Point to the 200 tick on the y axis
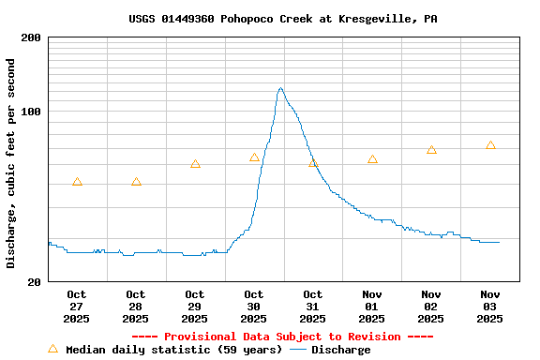tap(31, 37)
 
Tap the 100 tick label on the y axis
tap(31, 112)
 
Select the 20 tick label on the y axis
tap(35, 281)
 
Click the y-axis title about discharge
tap(11, 163)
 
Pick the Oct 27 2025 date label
tap(77, 307)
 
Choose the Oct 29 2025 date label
tap(195, 307)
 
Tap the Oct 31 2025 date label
tap(313, 307)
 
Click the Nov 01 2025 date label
tap(372, 307)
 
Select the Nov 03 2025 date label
tap(490, 307)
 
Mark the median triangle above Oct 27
tap(77, 182)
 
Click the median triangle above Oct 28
tap(136, 182)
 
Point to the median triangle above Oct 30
tap(254, 157)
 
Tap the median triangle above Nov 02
tap(431, 150)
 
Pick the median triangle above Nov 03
tap(490, 145)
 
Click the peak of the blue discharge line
tap(280, 88)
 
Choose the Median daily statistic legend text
tap(173, 350)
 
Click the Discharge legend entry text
tap(340, 350)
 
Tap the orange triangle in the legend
tap(52, 349)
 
